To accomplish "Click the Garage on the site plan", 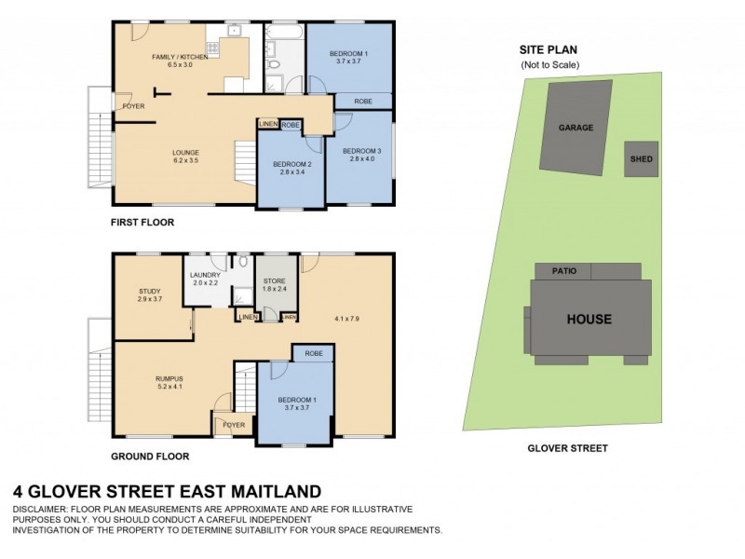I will [x=576, y=128].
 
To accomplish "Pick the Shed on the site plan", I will [x=641, y=159].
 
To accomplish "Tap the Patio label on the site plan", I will [x=563, y=271].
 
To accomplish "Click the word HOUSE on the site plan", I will [x=589, y=319].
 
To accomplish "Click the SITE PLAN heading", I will [x=549, y=51].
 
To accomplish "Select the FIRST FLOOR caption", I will [x=142, y=223].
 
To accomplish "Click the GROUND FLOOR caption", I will [x=150, y=457].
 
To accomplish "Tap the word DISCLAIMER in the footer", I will [x=42, y=510].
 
